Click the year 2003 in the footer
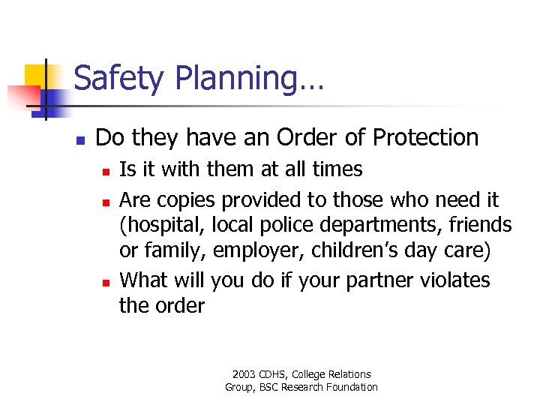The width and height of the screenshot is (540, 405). [244, 374]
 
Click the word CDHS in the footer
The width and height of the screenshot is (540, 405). [278, 374]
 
